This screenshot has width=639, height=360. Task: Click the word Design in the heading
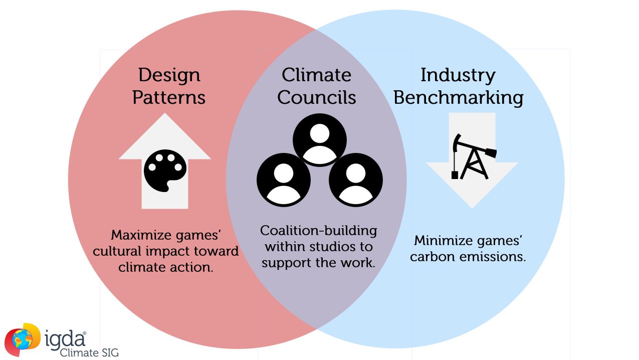tap(169, 75)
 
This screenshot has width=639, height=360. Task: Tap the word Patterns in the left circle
tap(169, 97)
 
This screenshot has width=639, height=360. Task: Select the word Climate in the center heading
tap(316, 75)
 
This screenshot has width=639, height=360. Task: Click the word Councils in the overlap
tap(316, 97)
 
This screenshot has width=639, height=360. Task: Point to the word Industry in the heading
tap(458, 75)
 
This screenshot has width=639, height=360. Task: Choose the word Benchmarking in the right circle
tap(458, 97)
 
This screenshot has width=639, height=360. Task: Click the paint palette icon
tap(165, 170)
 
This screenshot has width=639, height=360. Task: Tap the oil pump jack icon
tap(472, 156)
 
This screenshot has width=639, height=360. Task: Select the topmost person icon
tap(319, 140)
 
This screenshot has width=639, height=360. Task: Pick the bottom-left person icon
tap(283, 179)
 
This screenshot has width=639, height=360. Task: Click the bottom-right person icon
tap(355, 179)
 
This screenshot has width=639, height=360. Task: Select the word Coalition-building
tap(318, 231)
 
